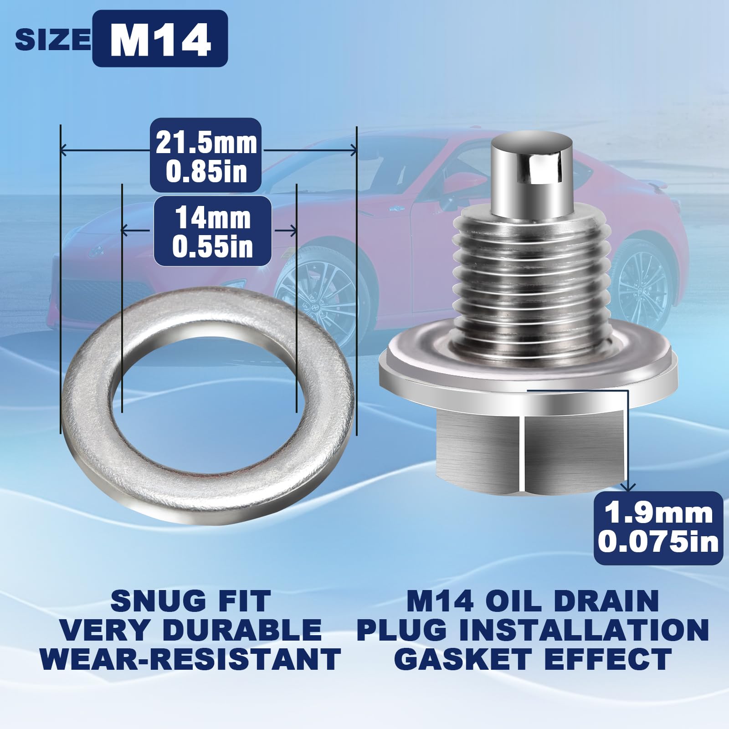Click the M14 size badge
pos(160,39)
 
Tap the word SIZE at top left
pos(53,40)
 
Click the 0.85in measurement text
pos(206,172)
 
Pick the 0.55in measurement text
pos(213,246)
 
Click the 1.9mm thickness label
pos(658,513)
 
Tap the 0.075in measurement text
pos(658,542)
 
